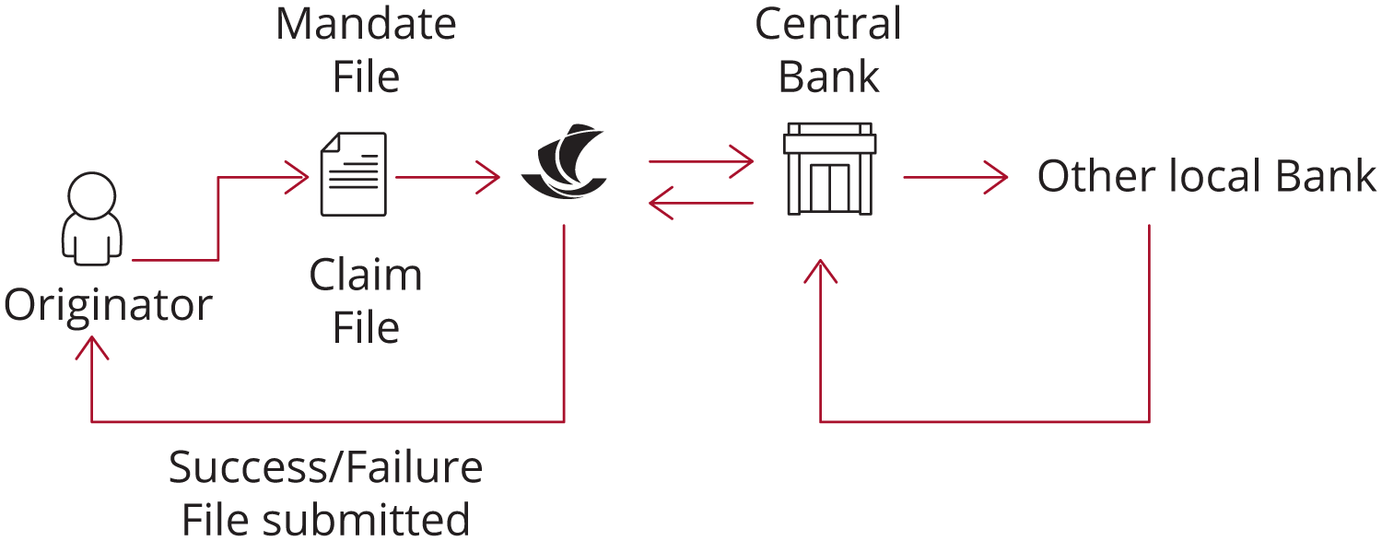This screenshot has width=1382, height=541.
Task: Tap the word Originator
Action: pyautogui.click(x=109, y=305)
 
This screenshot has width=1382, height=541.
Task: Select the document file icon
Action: pyautogui.click(x=353, y=174)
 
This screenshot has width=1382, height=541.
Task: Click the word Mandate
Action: pyautogui.click(x=366, y=24)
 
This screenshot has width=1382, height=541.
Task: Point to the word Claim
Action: pyautogui.click(x=366, y=275)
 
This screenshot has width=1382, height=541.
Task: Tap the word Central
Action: pyautogui.click(x=828, y=24)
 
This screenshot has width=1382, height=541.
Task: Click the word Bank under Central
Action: pyautogui.click(x=828, y=76)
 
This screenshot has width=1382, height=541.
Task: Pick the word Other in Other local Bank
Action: pyautogui.click(x=1087, y=177)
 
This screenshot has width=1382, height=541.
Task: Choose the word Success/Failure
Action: pyautogui.click(x=326, y=468)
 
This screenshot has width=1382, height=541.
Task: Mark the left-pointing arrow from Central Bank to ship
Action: pyautogui.click(x=700, y=203)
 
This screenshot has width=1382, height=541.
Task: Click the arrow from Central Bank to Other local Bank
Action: pyautogui.click(x=954, y=178)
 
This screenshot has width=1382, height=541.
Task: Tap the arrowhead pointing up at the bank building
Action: pyautogui.click(x=820, y=270)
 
